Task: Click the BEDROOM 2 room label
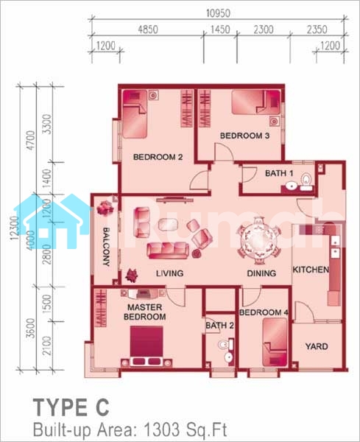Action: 158,157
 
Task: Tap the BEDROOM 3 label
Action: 244,136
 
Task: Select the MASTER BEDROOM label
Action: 145,312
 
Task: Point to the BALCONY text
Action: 106,247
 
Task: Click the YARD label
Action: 317,346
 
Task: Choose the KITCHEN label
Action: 311,270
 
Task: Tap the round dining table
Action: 258,240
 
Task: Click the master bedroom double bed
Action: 147,346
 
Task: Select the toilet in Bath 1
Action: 306,182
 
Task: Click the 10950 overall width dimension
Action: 219,13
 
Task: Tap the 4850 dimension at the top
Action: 147,29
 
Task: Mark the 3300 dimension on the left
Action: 48,124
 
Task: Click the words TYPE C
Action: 71,407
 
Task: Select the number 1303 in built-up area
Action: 162,429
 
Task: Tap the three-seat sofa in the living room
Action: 168,250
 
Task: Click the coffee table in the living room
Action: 168,225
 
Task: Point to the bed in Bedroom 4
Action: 275,343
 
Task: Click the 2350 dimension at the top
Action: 317,29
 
